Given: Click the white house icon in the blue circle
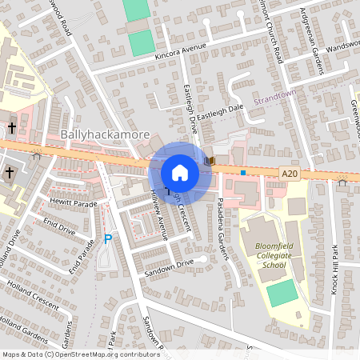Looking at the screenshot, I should coord(180,173).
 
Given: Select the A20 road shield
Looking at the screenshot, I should coord(290,173).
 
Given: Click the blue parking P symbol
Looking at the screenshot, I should coord(108,239).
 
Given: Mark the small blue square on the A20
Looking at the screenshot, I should coord(242,172).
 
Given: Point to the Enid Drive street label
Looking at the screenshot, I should coord(59,225).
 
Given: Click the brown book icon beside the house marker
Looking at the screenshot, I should coord(209,161).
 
